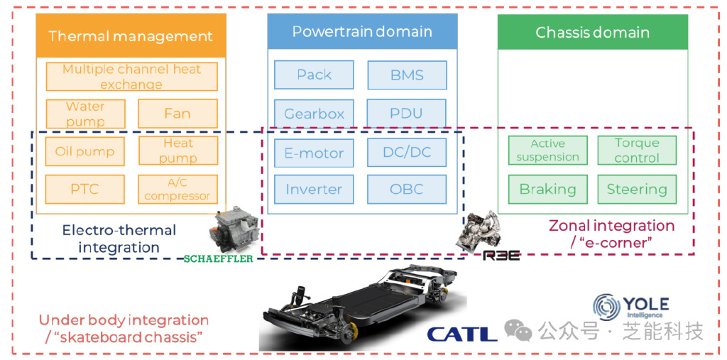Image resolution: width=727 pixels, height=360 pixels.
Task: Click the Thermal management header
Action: pyautogui.click(x=131, y=36)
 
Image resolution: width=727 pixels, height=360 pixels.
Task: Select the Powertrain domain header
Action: pyautogui.click(x=362, y=32)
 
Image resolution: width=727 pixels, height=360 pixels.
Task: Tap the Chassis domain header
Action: pyautogui.click(x=592, y=33)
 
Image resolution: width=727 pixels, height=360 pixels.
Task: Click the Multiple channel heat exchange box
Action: pyautogui.click(x=131, y=77)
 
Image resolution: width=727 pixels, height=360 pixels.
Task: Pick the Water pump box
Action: pyautogui.click(x=85, y=114)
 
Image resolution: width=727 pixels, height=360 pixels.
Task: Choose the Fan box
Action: pyautogui.click(x=177, y=114)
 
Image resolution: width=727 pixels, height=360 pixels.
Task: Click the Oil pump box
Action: pyautogui.click(x=85, y=151)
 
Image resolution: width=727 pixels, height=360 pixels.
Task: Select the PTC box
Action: pyautogui.click(x=85, y=190)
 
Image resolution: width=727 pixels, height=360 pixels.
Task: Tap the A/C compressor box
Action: pyautogui.click(x=177, y=190)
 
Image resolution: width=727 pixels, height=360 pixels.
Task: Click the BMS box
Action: pyautogui.click(x=407, y=75)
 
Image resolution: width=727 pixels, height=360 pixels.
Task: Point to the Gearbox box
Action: pyautogui.click(x=314, y=114)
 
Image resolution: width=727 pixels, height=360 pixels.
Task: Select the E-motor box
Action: pyautogui.click(x=314, y=153)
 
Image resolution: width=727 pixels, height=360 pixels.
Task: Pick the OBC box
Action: pyautogui.click(x=407, y=190)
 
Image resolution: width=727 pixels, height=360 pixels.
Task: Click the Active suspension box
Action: pyautogui.click(x=547, y=151)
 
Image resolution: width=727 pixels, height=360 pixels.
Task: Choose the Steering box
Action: pyautogui.click(x=637, y=190)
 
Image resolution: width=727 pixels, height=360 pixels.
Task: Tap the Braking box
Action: pyautogui.click(x=547, y=190)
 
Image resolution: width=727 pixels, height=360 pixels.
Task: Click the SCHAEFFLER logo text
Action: pyautogui.click(x=218, y=259)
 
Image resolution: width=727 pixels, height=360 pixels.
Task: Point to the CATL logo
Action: pyautogui.click(x=461, y=334)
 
